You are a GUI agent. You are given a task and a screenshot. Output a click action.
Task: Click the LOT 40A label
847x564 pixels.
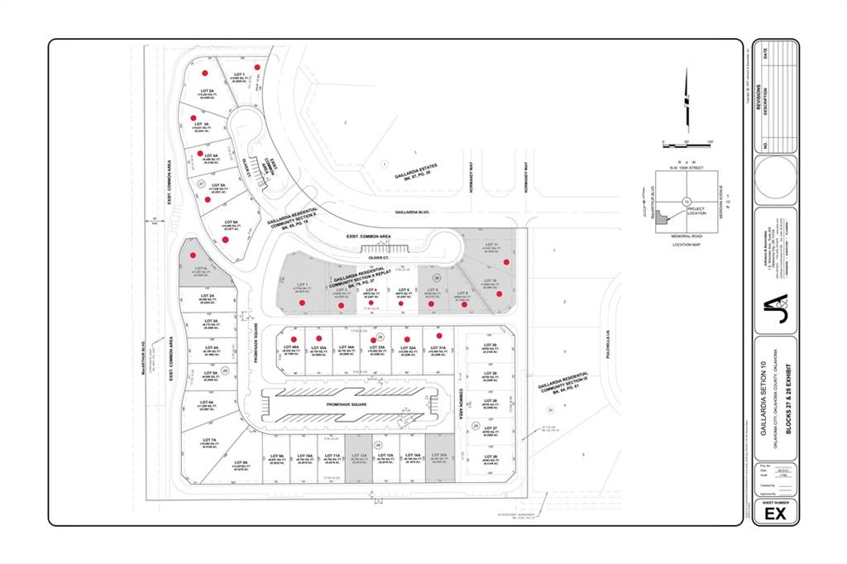[x=294, y=347]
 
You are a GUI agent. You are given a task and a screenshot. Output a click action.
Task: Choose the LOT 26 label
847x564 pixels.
[x=489, y=456]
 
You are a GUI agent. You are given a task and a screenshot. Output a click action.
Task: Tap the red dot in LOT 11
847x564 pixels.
[x=505, y=262]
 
